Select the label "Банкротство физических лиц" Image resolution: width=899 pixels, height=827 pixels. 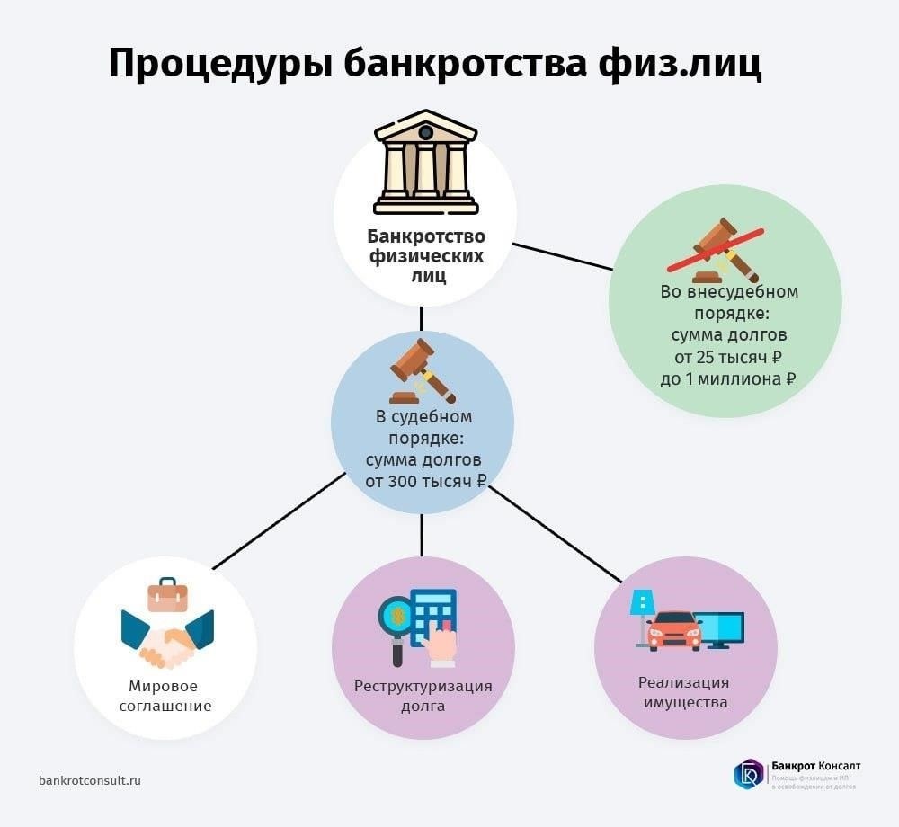click(425, 256)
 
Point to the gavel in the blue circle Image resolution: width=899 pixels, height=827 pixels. click(423, 370)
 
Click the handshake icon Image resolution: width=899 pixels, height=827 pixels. click(168, 636)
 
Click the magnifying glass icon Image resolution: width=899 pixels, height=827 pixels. click(395, 618)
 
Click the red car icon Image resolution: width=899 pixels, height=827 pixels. click(673, 629)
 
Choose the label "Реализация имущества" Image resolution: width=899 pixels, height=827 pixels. click(685, 692)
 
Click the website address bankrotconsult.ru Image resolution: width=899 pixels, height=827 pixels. click(90, 780)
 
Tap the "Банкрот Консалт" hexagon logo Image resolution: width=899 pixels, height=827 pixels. click(748, 773)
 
